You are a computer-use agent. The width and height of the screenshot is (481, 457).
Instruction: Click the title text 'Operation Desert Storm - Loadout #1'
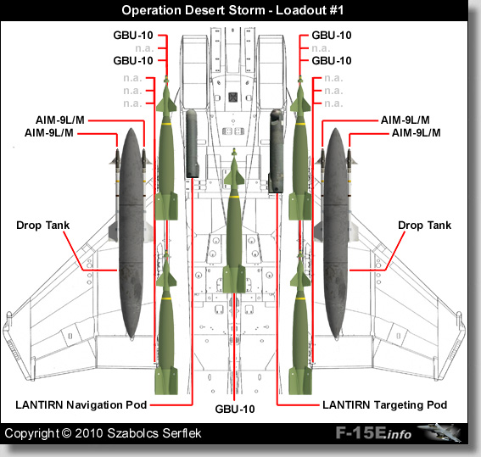coord(232,10)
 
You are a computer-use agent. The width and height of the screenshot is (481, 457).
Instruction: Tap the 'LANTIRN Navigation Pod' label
coord(81,405)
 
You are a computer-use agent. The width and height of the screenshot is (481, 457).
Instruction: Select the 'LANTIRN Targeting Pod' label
coord(384,405)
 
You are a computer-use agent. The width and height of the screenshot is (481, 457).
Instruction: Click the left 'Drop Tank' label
coord(43,226)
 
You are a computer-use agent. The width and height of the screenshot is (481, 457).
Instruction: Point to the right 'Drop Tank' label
coord(424,226)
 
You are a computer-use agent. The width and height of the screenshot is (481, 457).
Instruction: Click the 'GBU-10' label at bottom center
coord(235,409)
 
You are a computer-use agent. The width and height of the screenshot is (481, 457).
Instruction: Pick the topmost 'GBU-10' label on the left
coord(133,36)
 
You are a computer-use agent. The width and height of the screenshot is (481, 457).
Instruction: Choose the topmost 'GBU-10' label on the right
coord(332,36)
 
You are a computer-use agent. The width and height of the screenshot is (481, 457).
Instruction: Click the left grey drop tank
coord(131,233)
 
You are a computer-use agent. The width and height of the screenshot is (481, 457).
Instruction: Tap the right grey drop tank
coord(336,233)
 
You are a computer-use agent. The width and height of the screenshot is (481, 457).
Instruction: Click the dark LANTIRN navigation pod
coord(192,143)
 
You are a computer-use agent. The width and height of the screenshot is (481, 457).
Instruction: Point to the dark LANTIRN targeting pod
coord(276,151)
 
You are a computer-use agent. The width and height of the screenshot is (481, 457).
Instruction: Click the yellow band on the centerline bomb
coord(234,196)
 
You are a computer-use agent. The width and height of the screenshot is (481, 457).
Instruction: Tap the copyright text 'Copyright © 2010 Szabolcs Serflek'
coord(103,433)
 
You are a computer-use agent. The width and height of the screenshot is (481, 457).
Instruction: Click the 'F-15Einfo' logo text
coord(373,433)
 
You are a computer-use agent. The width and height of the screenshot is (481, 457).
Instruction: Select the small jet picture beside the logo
coord(440,432)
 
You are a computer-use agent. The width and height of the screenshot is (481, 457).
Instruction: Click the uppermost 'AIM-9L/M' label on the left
coord(60,120)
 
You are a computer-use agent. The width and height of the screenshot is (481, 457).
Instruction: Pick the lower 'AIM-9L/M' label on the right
coord(417,133)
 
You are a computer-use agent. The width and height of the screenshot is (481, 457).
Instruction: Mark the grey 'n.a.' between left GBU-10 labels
coord(144,48)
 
